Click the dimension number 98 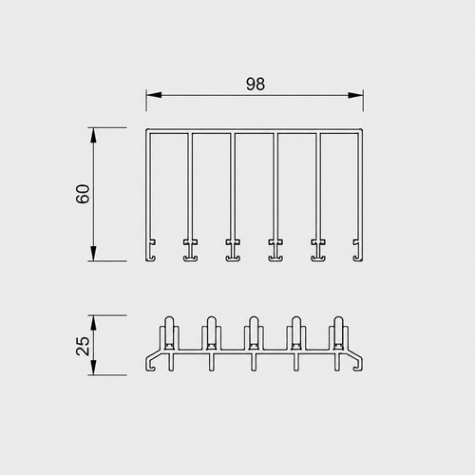point(256,85)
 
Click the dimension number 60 point(83,194)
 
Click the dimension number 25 point(83,346)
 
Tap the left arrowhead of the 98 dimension point(154,95)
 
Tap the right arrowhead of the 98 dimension point(355,95)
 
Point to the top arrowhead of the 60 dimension point(93,136)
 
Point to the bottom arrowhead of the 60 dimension point(93,254)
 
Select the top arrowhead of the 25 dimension point(93,323)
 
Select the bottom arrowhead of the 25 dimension point(93,368)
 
